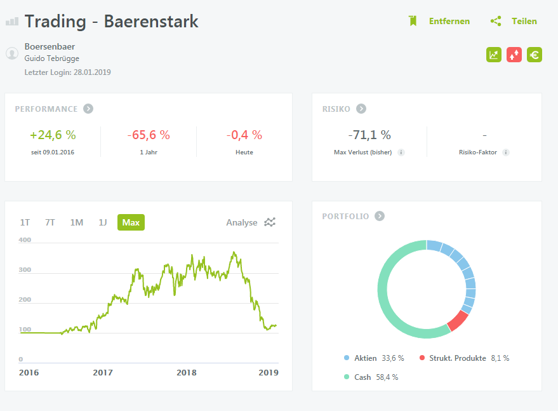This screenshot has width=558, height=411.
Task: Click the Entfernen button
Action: click(x=439, y=21)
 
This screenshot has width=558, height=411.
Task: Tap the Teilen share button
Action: click(x=514, y=21)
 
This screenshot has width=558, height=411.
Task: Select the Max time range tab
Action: click(x=131, y=222)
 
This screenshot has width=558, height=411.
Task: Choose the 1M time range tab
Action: click(x=76, y=222)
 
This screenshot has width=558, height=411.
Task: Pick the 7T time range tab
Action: click(x=50, y=222)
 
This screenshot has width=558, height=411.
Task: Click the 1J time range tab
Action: click(x=102, y=222)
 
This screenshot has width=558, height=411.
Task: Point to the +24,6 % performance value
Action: click(x=53, y=135)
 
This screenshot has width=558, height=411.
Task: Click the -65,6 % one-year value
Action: click(x=149, y=135)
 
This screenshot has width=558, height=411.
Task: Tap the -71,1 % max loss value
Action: click(x=369, y=135)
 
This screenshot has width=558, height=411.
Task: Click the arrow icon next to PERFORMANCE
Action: click(x=88, y=109)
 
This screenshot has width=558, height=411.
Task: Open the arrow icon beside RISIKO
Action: click(x=361, y=109)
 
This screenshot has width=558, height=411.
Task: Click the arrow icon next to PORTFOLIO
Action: click(x=380, y=216)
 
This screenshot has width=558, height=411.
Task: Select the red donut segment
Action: click(x=457, y=321)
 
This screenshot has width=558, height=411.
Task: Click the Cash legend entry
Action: click(x=362, y=377)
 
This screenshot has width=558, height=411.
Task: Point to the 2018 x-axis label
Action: click(x=186, y=373)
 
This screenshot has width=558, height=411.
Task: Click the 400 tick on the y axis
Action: click(x=25, y=240)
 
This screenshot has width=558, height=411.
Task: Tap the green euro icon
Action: click(x=535, y=55)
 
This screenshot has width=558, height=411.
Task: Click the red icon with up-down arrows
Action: click(x=514, y=55)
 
